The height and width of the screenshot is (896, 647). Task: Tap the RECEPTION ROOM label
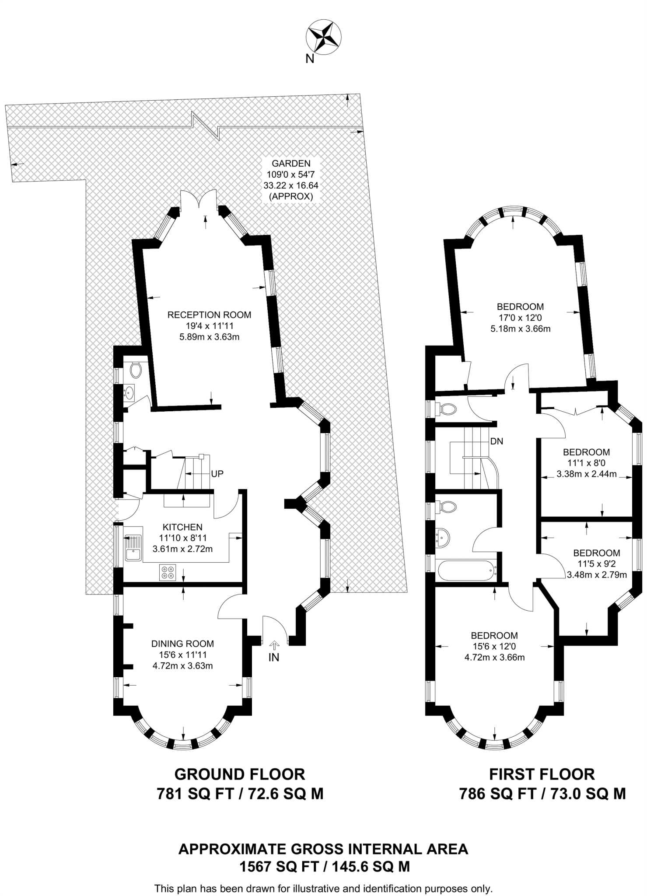point(210,315)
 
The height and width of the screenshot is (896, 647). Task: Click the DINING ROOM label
point(182,644)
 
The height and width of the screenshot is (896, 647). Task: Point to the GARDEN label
point(291,164)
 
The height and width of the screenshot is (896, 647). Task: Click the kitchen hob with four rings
point(168,572)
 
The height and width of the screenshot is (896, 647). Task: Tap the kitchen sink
point(133,548)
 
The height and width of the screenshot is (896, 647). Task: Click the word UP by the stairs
point(217,474)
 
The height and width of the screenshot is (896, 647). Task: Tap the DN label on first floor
point(497,441)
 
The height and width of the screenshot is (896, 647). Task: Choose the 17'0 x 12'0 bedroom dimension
point(520,318)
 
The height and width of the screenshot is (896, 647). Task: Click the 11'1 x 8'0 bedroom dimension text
point(586,463)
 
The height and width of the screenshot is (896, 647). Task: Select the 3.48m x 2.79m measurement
point(597,574)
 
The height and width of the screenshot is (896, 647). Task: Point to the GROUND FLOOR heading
point(240,774)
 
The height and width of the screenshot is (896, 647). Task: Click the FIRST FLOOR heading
point(542,774)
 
